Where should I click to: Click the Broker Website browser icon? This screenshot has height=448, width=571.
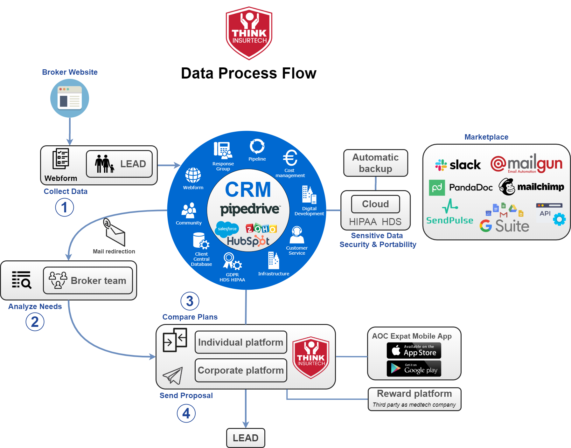[x=70, y=98]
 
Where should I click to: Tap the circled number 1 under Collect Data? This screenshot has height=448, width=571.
[x=65, y=207]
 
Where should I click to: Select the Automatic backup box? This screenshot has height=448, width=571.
[x=375, y=163]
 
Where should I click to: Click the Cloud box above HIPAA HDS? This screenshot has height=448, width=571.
[x=375, y=204]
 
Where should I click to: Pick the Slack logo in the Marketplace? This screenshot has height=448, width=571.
[x=458, y=165]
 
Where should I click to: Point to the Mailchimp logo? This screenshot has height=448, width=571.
[x=531, y=187]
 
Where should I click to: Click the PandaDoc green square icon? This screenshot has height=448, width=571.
[x=437, y=187]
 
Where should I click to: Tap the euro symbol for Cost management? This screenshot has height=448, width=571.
[x=290, y=158]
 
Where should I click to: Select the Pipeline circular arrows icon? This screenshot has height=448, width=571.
[x=257, y=146]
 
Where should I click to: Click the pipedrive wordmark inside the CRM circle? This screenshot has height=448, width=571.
[x=250, y=209]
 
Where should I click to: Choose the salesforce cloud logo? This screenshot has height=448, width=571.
[x=227, y=229]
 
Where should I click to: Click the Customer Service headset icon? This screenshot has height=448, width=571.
[x=297, y=235]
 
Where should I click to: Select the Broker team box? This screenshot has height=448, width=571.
[x=88, y=280]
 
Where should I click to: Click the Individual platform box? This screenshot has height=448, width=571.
[x=241, y=342]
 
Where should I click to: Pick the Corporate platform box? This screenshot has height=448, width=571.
[x=241, y=370]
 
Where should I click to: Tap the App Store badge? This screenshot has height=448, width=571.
[x=414, y=350]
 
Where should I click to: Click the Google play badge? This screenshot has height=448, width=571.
[x=414, y=369]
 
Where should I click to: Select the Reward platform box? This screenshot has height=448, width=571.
[x=414, y=399]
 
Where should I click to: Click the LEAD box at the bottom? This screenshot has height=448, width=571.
[x=246, y=438]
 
